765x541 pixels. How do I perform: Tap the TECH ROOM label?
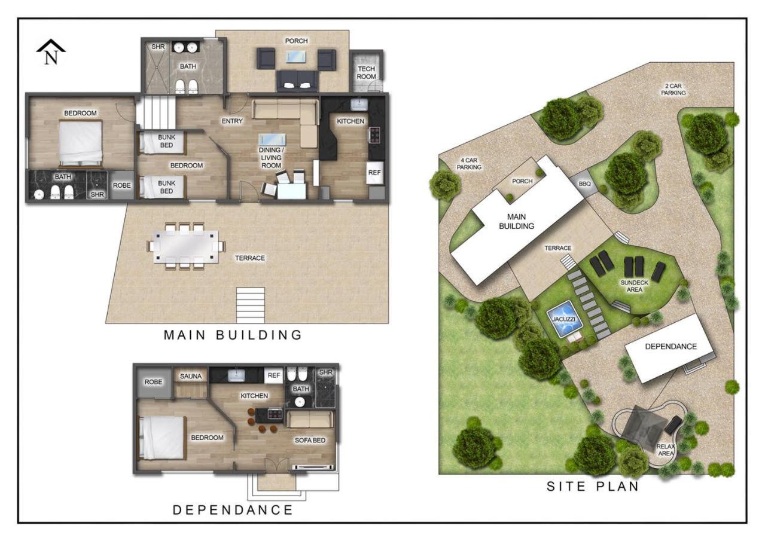click(366, 73)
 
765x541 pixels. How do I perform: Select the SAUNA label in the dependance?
click(191, 376)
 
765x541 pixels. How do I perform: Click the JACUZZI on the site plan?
click(564, 319)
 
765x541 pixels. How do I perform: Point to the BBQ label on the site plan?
click(584, 184)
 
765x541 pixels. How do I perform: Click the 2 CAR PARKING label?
click(673, 90)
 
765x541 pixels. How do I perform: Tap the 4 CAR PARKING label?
click(469, 163)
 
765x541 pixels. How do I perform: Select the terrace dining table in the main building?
click(186, 246)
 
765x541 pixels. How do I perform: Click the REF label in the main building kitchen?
click(374, 173)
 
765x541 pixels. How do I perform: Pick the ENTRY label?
click(232, 121)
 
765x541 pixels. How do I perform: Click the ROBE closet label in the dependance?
click(153, 382)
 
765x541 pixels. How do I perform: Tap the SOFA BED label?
click(310, 441)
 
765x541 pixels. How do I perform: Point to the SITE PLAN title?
click(593, 487)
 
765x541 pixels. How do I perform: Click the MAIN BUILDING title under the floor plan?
click(233, 335)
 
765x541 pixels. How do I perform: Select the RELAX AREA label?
click(666, 450)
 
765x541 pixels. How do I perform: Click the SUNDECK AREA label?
click(634, 286)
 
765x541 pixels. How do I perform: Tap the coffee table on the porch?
click(296, 57)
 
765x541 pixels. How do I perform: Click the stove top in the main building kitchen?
click(374, 134)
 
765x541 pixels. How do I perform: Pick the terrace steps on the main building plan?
click(251, 305)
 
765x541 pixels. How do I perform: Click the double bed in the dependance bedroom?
click(162, 438)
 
